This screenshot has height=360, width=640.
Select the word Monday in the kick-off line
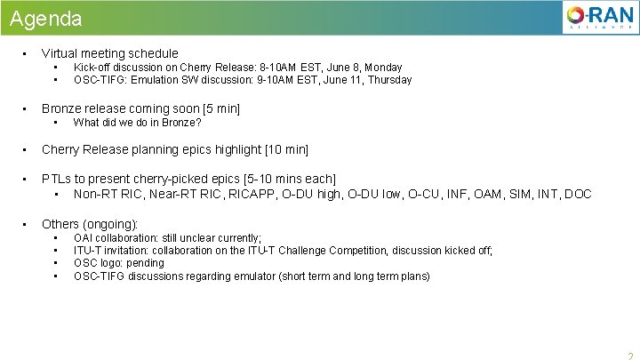(x=382, y=68)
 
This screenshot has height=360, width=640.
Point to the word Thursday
(x=389, y=80)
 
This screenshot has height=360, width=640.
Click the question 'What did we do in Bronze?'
(x=137, y=123)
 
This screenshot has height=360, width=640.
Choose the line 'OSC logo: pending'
(x=118, y=263)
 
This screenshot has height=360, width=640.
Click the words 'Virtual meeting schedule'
(x=109, y=53)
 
